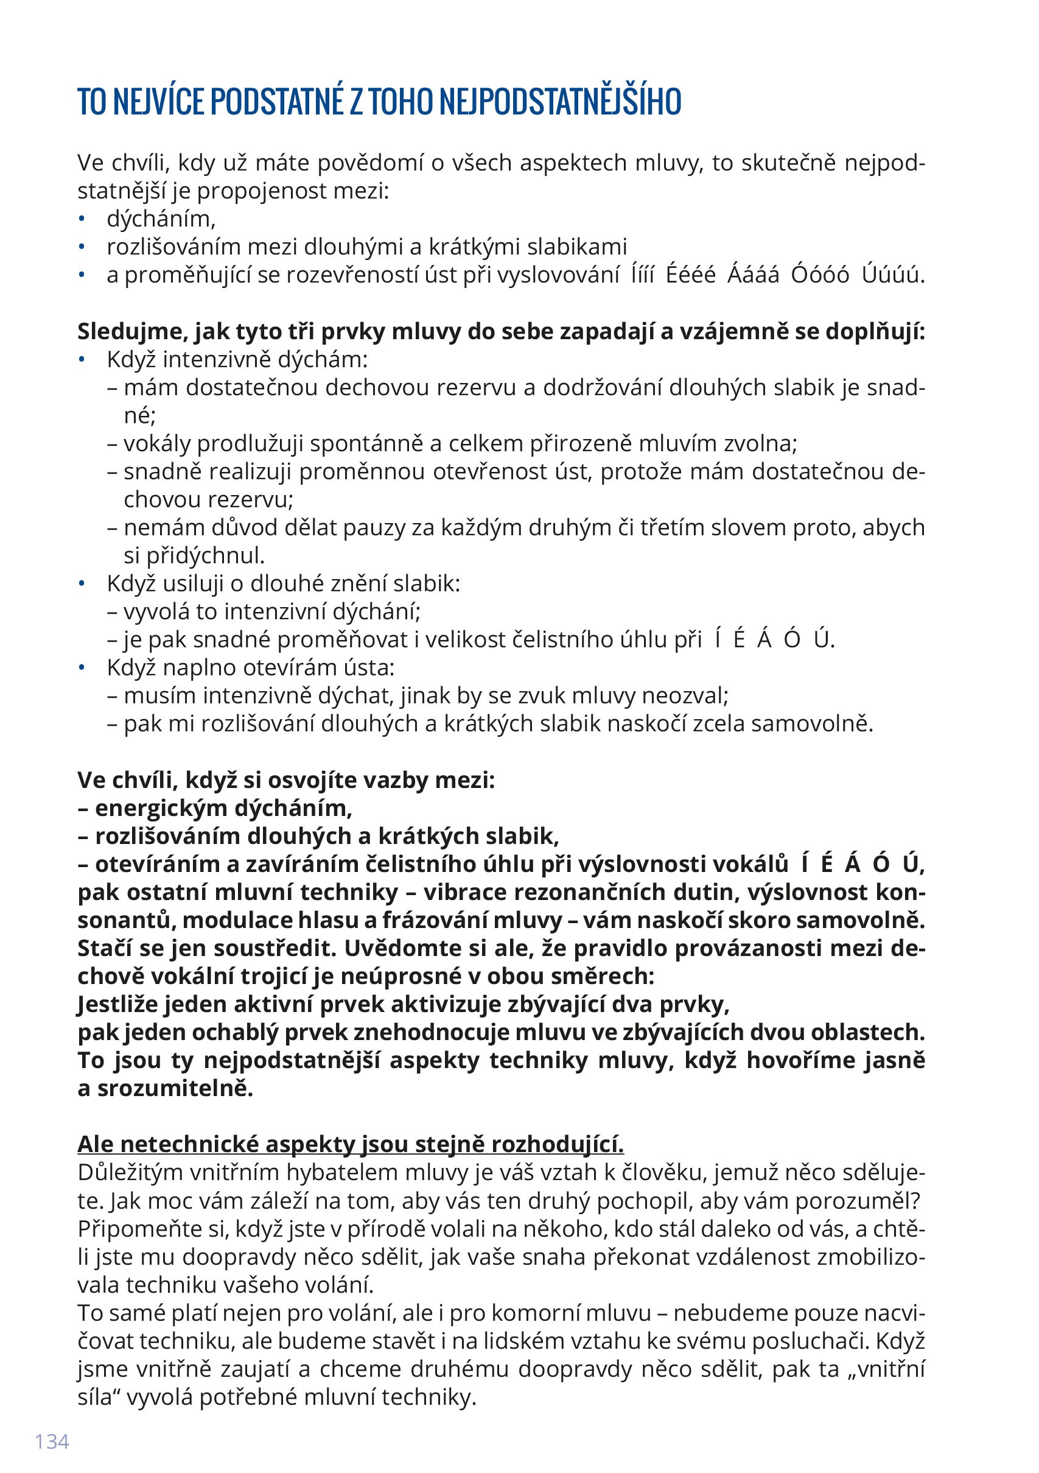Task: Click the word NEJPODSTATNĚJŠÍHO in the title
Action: point(561,101)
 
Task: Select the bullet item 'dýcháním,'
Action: point(161,219)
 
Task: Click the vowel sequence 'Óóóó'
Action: point(820,275)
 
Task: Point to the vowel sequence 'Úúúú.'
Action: point(893,275)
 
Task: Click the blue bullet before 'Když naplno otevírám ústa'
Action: point(82,667)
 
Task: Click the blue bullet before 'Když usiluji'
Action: point(82,583)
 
